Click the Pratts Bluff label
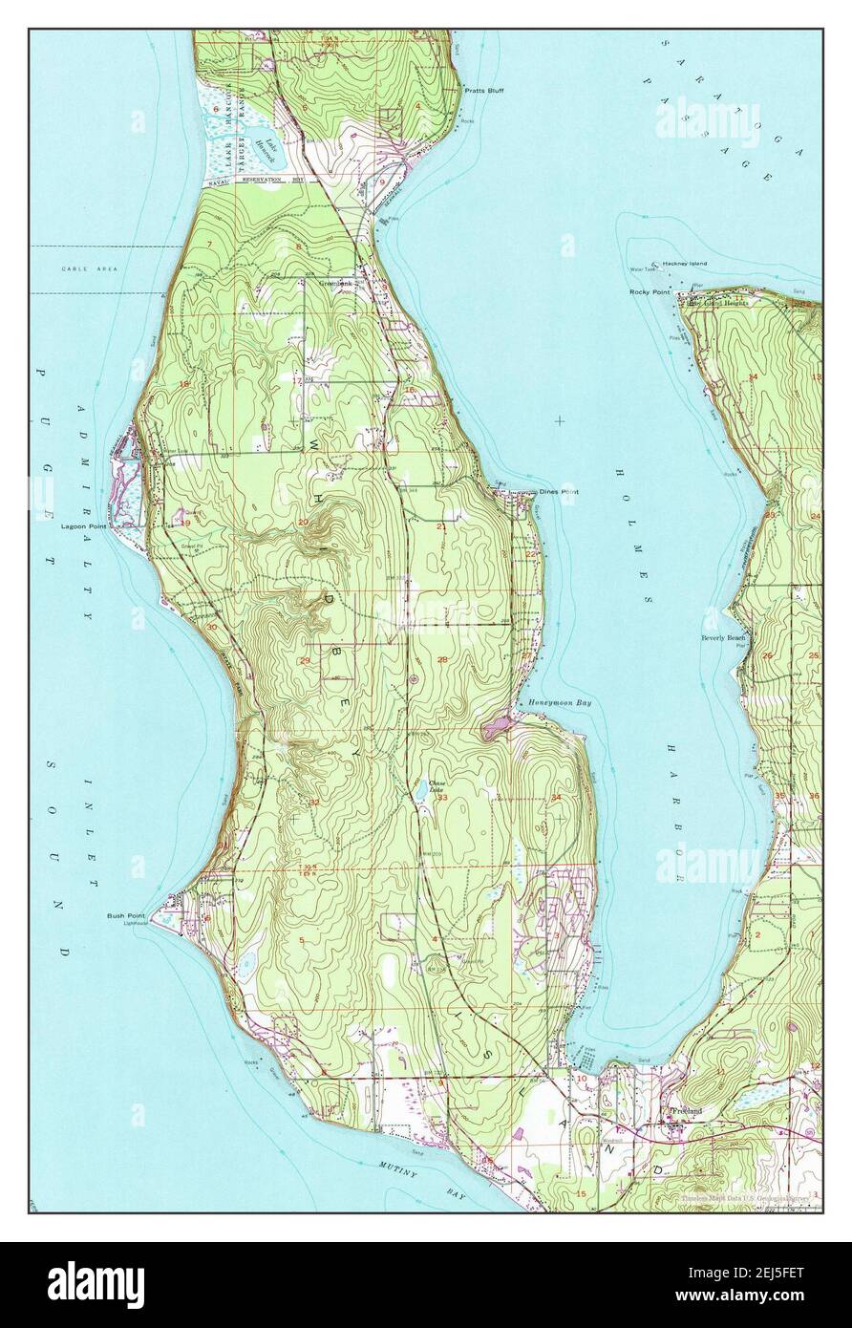pyautogui.click(x=484, y=91)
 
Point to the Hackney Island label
pyautogui.click(x=682, y=263)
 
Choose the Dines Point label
pyautogui.click(x=559, y=492)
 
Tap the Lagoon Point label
pyautogui.click(x=84, y=525)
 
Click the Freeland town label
pyautogui.click(x=686, y=1111)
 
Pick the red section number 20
pyautogui.click(x=303, y=522)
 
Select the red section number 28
pyautogui.click(x=442, y=660)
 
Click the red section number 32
pyautogui.click(x=314, y=803)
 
